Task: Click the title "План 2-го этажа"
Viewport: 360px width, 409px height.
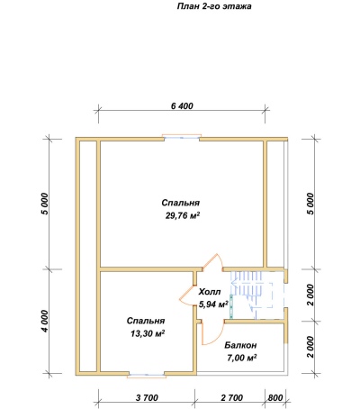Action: coord(214,6)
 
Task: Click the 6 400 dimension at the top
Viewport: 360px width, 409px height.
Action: coord(182,106)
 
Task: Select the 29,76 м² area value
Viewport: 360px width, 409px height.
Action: coord(183,215)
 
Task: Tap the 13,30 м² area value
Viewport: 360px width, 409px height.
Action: coord(148,333)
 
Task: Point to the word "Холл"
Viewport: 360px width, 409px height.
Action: coord(210,292)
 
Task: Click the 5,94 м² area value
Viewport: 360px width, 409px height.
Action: coord(213,304)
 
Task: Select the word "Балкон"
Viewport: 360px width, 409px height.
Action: coord(240,345)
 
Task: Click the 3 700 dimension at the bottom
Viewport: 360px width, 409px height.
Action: coord(147,398)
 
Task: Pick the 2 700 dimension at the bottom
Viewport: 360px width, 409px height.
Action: coord(232,398)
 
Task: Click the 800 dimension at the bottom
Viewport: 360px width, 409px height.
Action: coord(275,398)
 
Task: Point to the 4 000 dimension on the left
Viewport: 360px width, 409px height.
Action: coord(44,321)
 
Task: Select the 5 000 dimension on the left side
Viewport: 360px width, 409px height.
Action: coord(44,204)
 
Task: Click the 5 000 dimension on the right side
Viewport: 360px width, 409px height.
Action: coord(310,204)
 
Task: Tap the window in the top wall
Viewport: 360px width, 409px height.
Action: coord(182,137)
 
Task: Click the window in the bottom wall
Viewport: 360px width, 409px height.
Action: coord(147,375)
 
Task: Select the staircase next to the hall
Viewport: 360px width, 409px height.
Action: coord(256,295)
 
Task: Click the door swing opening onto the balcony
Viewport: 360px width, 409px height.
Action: coord(213,332)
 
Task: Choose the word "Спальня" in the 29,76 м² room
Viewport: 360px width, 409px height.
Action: coord(180,203)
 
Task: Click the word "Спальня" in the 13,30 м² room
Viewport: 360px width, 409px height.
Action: coord(146,321)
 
